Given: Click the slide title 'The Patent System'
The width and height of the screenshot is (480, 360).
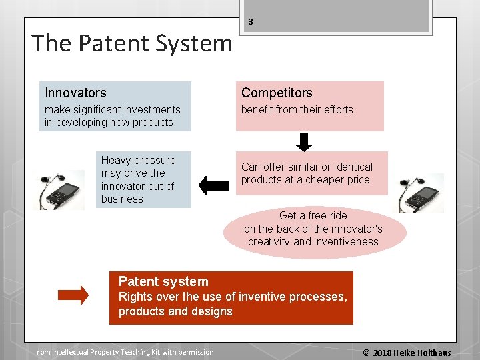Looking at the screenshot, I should pos(132,44).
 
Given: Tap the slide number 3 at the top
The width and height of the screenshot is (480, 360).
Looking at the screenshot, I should pos(251,22).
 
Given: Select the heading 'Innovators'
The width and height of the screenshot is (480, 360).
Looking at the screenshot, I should pos(75,93).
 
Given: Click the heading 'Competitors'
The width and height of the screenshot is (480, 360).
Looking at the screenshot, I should pos(277,93).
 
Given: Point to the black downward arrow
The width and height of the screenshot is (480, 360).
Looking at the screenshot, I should pos(304,142).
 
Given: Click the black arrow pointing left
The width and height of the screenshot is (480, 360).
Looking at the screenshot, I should pos(213,185).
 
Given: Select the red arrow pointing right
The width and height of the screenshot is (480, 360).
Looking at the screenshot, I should pos(73,295).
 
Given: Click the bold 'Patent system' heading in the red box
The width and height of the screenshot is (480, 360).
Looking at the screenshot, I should pos(163,281).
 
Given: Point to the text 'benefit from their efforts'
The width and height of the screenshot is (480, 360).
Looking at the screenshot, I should pos(297,109).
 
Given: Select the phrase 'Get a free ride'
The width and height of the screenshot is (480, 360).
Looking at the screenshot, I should pos(313,215).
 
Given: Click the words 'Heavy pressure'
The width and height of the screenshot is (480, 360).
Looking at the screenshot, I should pos(139,160).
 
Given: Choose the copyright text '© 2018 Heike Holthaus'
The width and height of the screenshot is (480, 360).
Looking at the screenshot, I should pos(407,353).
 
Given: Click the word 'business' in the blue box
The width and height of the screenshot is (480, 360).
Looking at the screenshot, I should pos(122,199).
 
